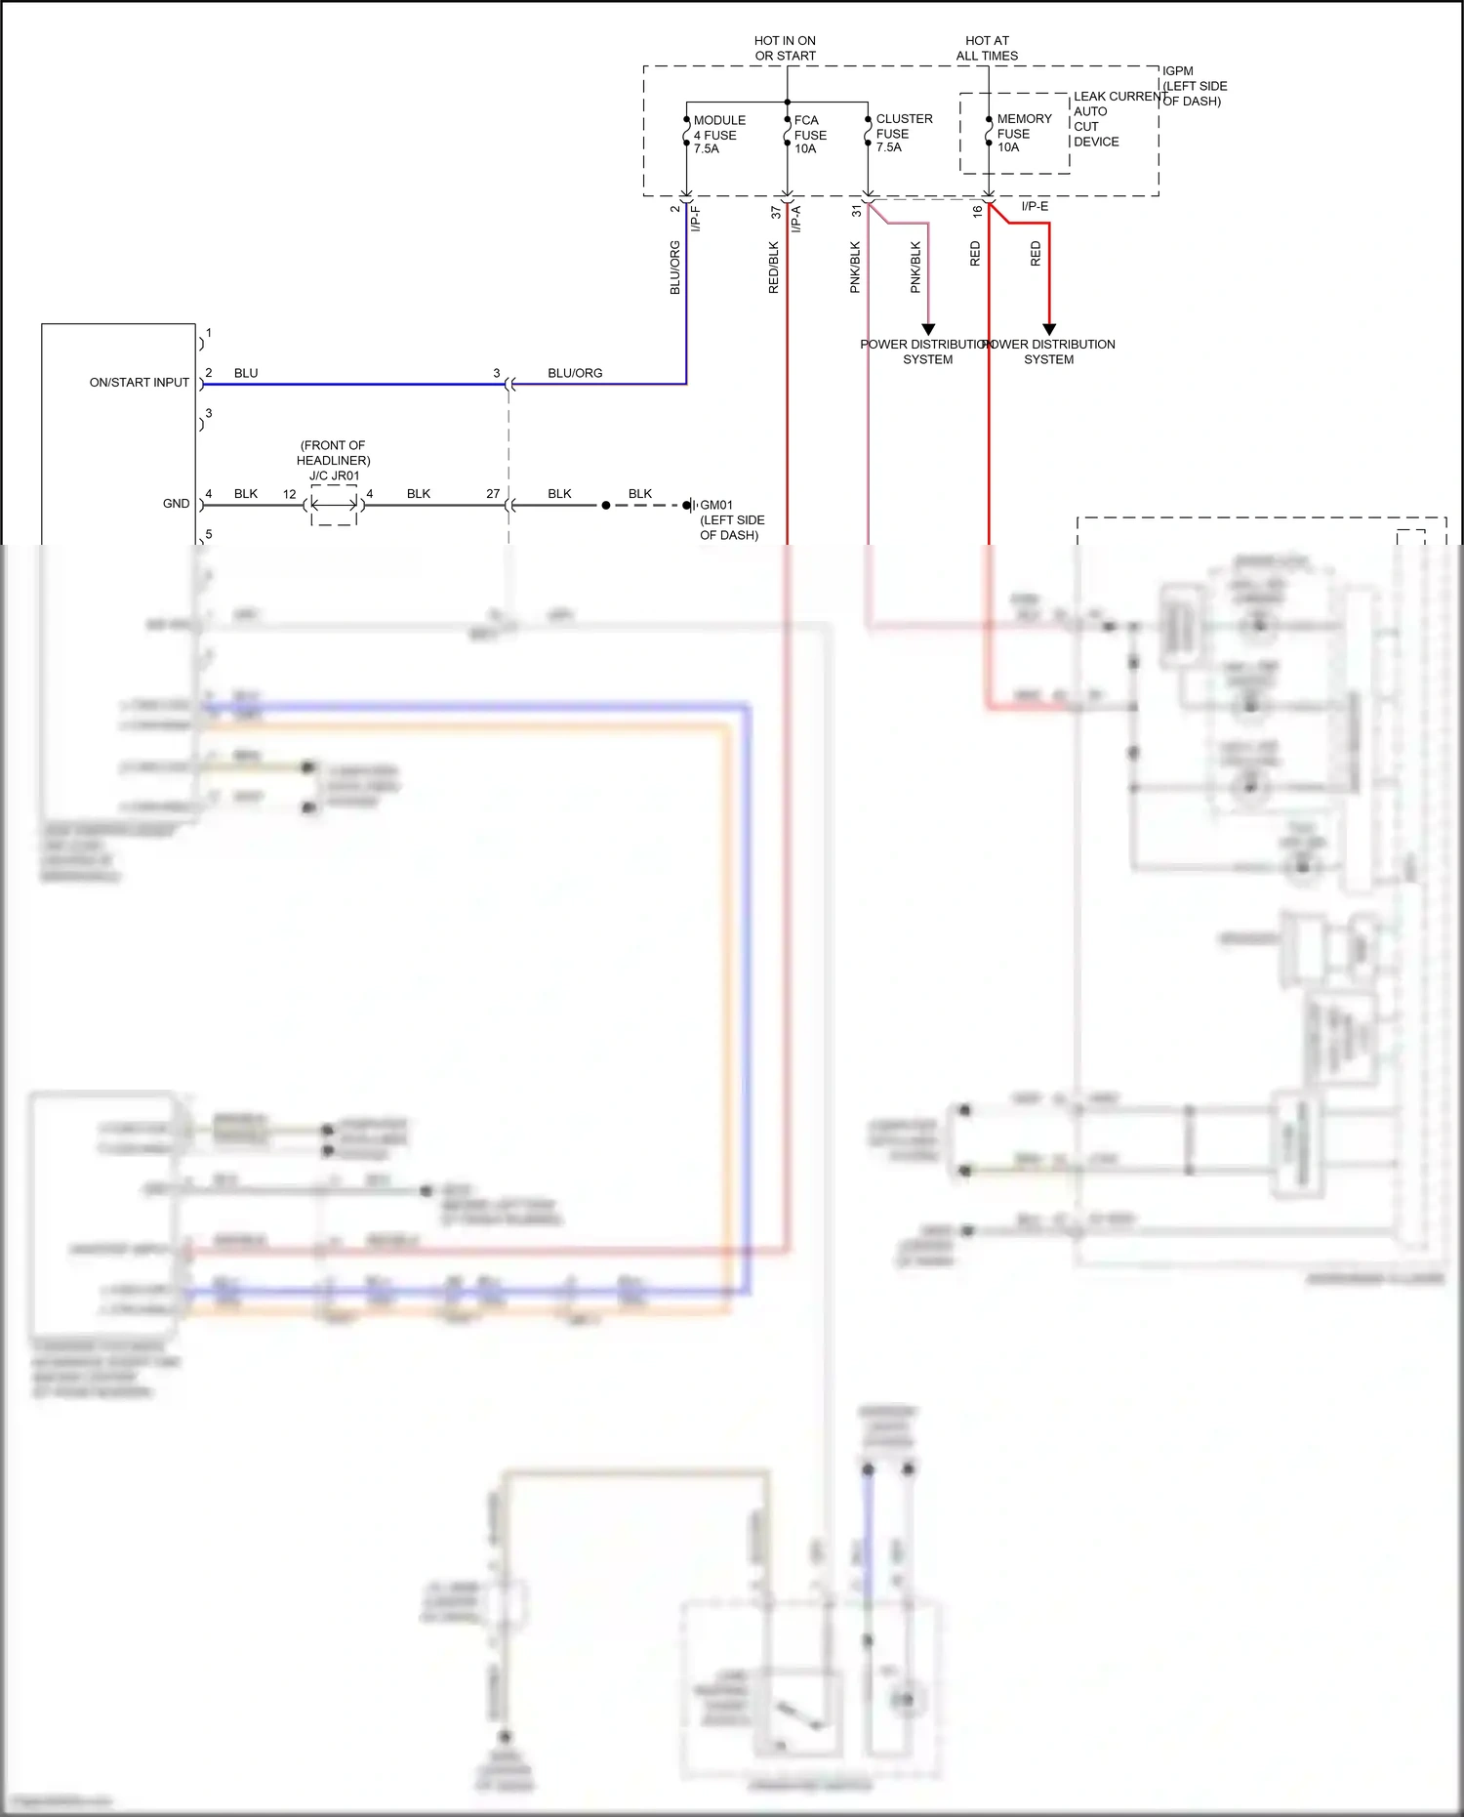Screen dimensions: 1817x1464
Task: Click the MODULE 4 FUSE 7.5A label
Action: (718, 135)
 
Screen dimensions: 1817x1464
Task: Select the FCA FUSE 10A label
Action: (810, 135)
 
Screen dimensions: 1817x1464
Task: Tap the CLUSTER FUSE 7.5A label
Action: (903, 133)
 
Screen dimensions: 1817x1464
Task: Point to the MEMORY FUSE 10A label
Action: (1023, 133)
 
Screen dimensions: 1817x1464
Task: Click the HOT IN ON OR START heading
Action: (785, 49)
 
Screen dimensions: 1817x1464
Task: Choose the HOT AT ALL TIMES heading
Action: (987, 49)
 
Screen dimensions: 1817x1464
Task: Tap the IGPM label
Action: (1177, 71)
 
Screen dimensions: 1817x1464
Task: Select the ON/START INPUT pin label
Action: (139, 383)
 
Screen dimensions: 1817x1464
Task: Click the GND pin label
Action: (176, 504)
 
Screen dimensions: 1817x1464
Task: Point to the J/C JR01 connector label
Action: (334, 476)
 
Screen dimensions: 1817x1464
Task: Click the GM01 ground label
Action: (716, 506)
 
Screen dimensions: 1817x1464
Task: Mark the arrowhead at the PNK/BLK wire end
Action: (928, 329)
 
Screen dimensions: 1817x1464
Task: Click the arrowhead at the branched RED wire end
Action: (1049, 329)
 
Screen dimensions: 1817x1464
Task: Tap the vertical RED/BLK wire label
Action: (774, 268)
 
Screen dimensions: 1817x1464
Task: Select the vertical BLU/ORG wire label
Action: (674, 268)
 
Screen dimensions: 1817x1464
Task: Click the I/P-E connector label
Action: (1035, 207)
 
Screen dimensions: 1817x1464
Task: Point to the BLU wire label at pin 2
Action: (246, 373)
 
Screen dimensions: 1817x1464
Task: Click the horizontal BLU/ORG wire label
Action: (575, 373)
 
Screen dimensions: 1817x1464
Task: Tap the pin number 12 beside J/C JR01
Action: (289, 494)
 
